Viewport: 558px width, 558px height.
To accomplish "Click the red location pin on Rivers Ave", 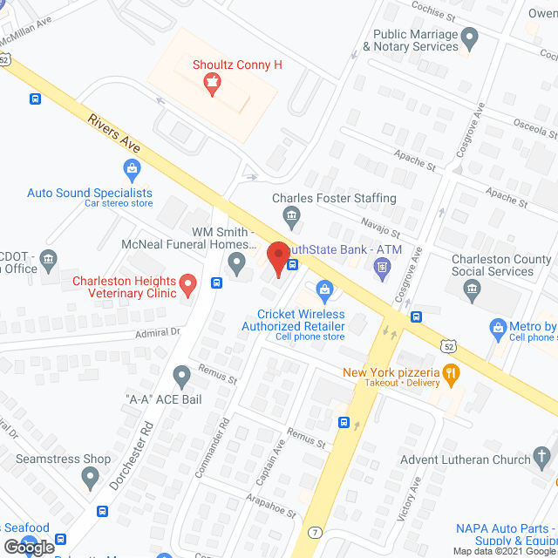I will [x=278, y=259].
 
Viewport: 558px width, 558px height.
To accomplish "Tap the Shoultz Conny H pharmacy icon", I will [x=210, y=84].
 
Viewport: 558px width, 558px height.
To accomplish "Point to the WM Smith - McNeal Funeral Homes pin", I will [x=236, y=262].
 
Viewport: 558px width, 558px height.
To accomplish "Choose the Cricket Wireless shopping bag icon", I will [x=324, y=289].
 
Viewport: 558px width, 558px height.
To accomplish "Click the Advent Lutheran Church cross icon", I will [x=542, y=456].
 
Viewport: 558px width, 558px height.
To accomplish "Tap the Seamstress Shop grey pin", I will [x=90, y=476].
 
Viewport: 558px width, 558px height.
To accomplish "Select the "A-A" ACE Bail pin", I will [x=181, y=377].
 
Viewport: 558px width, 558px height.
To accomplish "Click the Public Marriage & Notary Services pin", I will [x=470, y=37].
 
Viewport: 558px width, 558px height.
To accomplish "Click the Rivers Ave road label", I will [x=113, y=134].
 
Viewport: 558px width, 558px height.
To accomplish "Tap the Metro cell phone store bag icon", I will [x=498, y=329].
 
